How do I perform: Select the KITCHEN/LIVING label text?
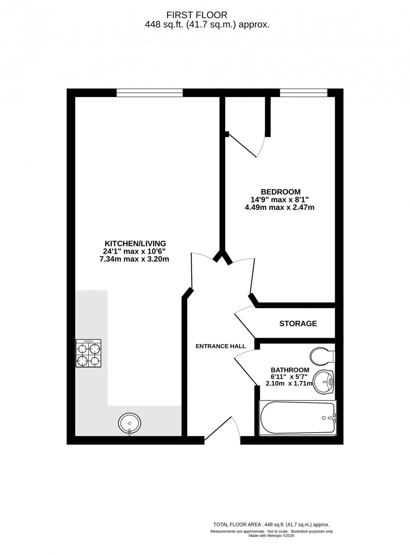point(135,244)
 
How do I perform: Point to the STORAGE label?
point(298,324)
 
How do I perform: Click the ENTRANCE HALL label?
point(220,346)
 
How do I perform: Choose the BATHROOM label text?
point(290,370)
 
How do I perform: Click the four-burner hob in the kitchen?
point(88,353)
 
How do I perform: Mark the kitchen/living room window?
point(149,93)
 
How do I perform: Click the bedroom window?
point(303,93)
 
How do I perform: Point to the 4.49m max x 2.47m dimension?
point(279,207)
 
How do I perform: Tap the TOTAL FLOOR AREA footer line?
point(272,524)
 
